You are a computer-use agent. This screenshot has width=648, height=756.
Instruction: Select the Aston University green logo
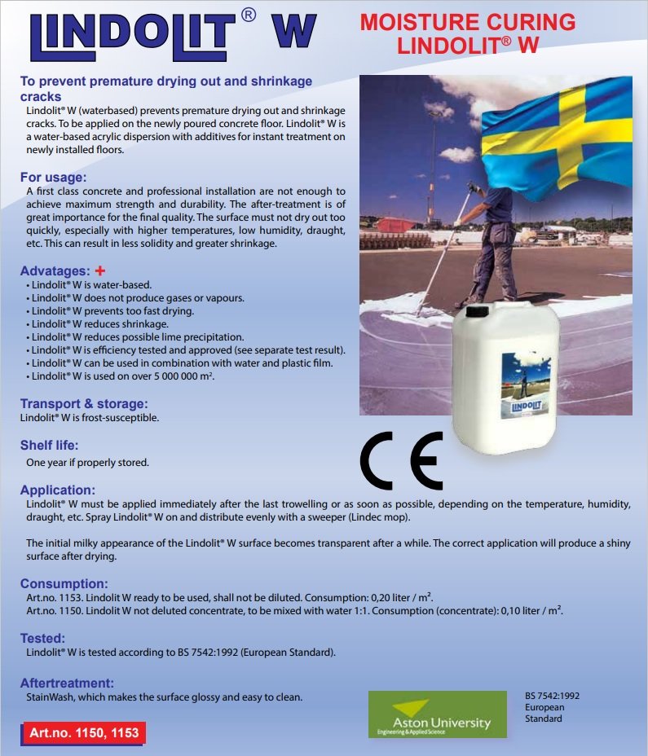(x=437, y=714)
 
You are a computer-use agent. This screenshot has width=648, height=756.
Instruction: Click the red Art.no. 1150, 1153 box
(x=82, y=732)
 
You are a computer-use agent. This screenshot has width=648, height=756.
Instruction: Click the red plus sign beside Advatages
(x=101, y=270)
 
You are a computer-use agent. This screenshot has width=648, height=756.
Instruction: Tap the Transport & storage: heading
(x=84, y=404)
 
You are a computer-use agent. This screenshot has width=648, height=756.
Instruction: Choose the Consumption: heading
(x=64, y=583)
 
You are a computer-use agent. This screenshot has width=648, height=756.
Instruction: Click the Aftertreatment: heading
(x=67, y=683)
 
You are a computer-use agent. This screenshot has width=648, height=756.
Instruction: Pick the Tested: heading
(x=42, y=639)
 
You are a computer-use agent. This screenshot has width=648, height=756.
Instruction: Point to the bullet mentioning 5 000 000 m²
(x=123, y=376)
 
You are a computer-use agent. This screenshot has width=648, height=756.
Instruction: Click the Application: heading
(x=58, y=490)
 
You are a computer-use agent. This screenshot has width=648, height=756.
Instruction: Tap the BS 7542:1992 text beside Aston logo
(x=552, y=697)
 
